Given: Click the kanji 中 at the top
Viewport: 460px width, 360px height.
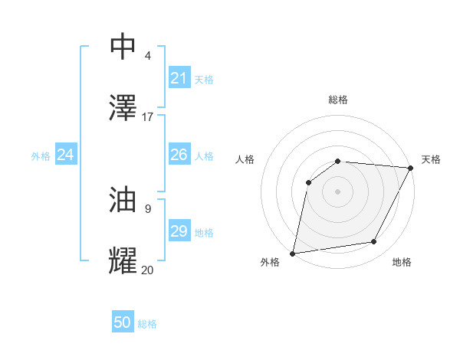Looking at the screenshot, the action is (x=123, y=47).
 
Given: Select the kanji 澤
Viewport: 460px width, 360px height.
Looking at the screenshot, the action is (x=123, y=108).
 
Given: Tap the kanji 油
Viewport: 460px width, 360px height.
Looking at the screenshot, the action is (x=123, y=200).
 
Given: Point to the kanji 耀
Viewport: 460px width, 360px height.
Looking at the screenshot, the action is (x=123, y=260).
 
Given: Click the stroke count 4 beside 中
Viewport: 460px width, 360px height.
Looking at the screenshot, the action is (x=148, y=56).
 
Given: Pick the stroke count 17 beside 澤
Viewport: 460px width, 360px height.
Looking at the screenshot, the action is (x=148, y=117).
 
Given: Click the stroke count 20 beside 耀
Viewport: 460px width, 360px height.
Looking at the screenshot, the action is (x=148, y=270).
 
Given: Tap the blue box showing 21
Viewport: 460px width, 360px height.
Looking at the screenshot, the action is (x=179, y=78).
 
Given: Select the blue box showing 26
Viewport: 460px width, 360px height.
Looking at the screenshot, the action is (x=179, y=155).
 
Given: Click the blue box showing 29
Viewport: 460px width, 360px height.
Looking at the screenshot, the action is (x=179, y=231).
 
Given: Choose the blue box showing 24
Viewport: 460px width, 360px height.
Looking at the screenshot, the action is (x=66, y=155).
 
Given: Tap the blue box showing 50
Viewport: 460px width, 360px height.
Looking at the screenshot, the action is (x=123, y=322).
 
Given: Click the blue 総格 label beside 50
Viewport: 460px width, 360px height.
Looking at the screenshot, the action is (x=147, y=324).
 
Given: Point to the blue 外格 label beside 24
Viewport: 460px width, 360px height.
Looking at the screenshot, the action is (x=41, y=155).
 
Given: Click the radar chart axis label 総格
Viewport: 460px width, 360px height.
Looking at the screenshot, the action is (x=338, y=100).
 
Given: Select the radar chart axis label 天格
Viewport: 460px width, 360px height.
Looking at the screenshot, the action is (x=431, y=159).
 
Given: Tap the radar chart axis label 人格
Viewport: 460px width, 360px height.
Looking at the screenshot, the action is (x=245, y=159).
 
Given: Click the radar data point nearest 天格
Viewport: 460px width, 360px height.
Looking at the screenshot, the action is (x=411, y=168).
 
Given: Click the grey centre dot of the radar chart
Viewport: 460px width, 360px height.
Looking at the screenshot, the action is (x=337, y=191).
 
